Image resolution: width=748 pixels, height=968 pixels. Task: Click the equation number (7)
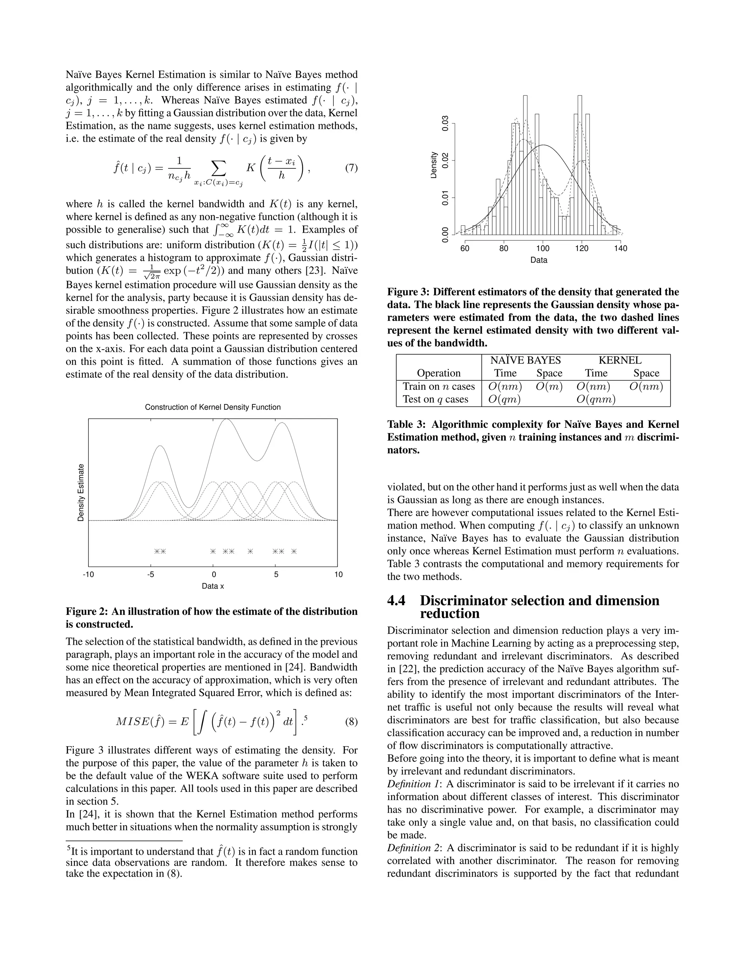(351, 168)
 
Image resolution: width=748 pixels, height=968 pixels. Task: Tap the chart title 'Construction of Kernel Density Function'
(213, 407)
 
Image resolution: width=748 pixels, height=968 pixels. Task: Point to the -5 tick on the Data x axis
(151, 575)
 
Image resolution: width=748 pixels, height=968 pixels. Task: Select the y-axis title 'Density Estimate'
(81, 492)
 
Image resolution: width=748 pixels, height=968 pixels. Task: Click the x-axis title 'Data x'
(213, 586)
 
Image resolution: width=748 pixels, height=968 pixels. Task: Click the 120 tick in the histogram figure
(581, 249)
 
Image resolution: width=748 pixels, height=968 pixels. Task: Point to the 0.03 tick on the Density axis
(446, 123)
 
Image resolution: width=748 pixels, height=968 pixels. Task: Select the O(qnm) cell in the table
(596, 400)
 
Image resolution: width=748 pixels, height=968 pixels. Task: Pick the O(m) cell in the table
(549, 387)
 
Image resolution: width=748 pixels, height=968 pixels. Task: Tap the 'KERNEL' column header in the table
(619, 360)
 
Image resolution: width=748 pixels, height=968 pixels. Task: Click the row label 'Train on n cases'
(438, 387)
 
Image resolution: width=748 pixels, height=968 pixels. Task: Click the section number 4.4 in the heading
(396, 601)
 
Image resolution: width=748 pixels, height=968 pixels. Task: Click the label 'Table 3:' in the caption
(407, 424)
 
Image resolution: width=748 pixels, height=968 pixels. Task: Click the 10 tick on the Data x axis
(338, 575)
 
